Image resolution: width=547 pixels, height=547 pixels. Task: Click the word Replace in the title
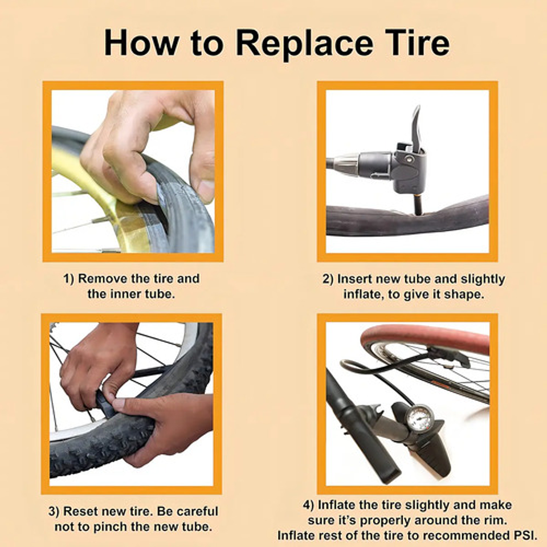coord(304,43)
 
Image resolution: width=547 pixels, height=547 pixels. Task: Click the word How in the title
coord(141,42)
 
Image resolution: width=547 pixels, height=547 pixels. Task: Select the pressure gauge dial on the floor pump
coord(420,417)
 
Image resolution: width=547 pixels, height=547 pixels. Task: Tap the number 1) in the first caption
coord(69,279)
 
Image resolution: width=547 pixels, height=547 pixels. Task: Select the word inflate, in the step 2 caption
coord(364,295)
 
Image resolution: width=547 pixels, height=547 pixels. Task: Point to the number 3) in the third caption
coord(54,512)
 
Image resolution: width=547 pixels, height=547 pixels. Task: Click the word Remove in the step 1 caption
coord(103,279)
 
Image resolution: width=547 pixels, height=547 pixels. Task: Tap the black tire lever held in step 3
coord(105,401)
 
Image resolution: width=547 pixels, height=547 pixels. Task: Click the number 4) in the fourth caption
coord(309,505)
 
